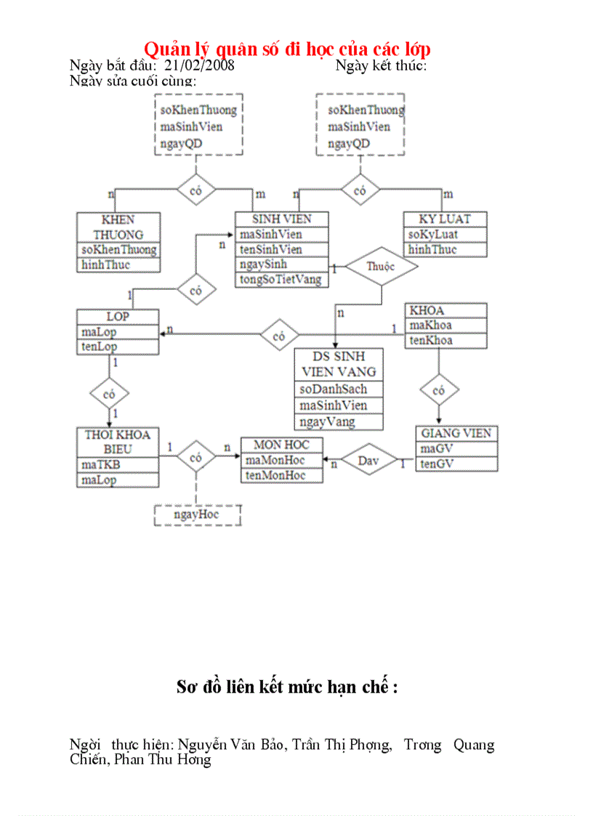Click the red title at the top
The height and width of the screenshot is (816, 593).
click(x=287, y=49)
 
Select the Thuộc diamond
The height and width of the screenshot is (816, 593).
click(x=381, y=266)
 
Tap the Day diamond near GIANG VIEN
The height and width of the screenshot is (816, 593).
click(x=369, y=460)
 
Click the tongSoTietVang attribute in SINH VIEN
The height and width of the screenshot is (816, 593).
click(x=281, y=279)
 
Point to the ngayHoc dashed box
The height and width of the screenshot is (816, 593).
click(x=196, y=515)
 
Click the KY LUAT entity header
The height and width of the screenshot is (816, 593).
click(x=445, y=219)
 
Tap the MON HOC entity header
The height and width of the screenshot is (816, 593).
click(x=281, y=445)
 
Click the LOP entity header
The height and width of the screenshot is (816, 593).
click(x=118, y=317)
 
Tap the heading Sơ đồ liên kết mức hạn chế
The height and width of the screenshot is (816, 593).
click(x=287, y=687)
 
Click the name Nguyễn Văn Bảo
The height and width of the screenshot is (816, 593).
click(x=225, y=745)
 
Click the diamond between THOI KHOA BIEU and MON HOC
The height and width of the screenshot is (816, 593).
click(x=195, y=458)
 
